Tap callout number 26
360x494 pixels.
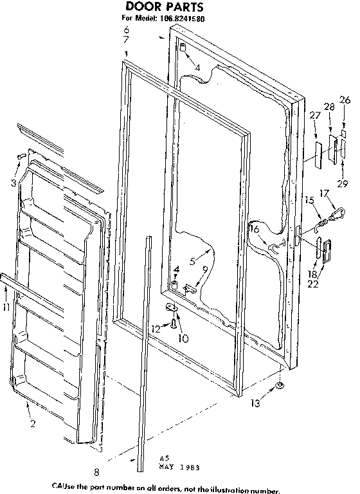click(x=345, y=100)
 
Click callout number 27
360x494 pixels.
click(x=314, y=115)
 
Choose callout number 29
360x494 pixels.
click(x=343, y=184)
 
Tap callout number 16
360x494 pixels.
click(x=254, y=229)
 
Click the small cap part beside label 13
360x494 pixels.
click(x=281, y=385)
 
